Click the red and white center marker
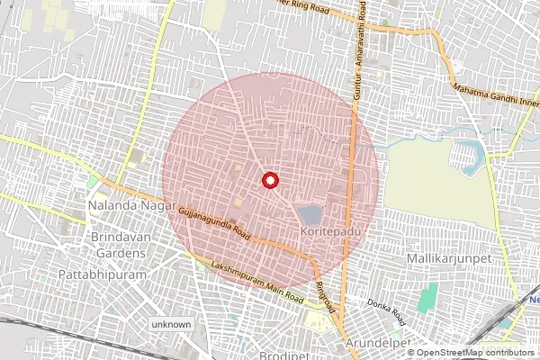268,180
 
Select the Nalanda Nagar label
123,206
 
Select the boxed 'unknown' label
171,324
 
